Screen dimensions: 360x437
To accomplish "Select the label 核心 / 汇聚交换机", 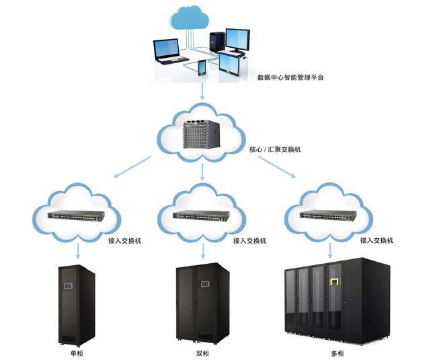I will pyautogui.click(x=274, y=149).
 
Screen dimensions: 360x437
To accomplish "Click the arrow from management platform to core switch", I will pyautogui.click(x=202, y=91).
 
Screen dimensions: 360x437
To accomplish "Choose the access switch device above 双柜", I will pyautogui.click(x=202, y=216).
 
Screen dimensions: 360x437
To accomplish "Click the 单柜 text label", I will pyautogui.click(x=76, y=353).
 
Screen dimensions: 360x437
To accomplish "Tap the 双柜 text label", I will pyautogui.click(x=202, y=353).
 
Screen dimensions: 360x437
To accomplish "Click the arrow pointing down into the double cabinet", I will pyautogui.click(x=202, y=252).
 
